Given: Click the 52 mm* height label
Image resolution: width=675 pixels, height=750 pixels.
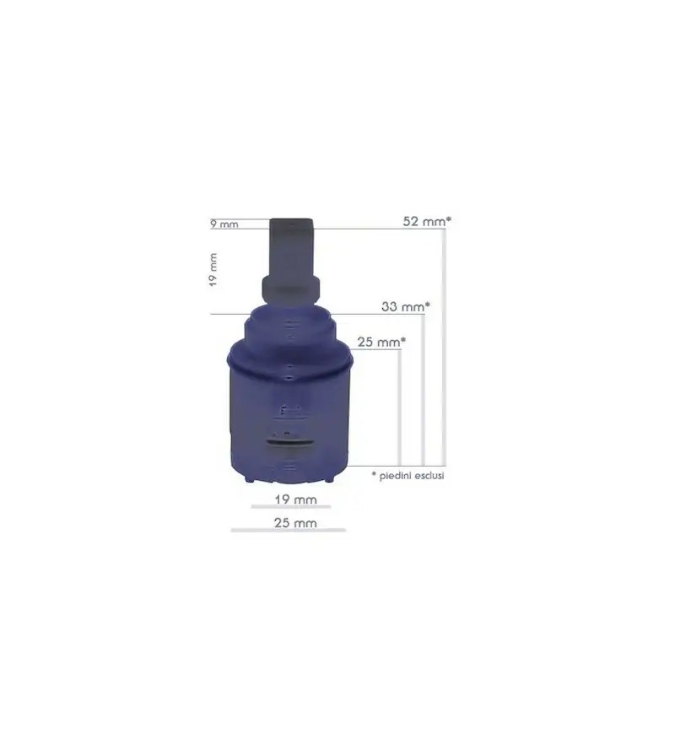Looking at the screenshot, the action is coord(427,222).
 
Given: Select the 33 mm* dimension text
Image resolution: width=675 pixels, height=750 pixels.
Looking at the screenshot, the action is coord(405,306).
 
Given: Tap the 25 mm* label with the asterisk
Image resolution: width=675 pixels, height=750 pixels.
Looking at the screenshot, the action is coord(381,342).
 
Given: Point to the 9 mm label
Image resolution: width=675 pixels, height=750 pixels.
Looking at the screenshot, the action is coord(224,224).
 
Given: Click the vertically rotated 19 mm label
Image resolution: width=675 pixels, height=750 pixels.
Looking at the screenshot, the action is coord(213,270).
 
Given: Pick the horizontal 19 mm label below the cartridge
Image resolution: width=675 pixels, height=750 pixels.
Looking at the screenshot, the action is coord(295,499).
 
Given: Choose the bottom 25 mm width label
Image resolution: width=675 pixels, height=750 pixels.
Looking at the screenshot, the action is coord(295,523).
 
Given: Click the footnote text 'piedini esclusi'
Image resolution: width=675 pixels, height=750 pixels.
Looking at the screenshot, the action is coord(412,476).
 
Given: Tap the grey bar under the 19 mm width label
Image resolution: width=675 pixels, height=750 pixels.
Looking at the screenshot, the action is coord(291,506).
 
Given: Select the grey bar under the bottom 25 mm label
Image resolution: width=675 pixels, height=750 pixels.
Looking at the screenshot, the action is coord(289,530).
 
